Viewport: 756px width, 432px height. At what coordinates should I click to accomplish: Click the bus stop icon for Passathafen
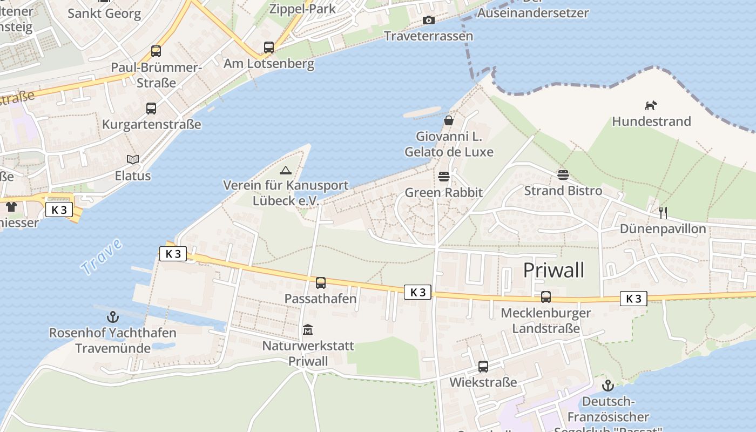(321, 283)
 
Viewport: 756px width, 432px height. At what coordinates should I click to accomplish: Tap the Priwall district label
(553, 270)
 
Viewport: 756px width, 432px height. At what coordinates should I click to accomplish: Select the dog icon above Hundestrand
(651, 105)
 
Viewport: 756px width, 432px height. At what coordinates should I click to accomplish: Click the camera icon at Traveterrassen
(429, 21)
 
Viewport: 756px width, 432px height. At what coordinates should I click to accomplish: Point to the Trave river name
(102, 257)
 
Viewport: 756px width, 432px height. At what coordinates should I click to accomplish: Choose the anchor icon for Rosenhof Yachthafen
(113, 316)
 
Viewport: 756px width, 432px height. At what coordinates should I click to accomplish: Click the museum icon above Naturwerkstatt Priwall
(308, 329)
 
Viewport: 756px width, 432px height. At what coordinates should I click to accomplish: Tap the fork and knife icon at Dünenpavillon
(663, 213)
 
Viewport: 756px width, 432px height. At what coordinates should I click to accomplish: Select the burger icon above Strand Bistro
(563, 174)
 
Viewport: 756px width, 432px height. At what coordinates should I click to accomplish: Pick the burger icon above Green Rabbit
(444, 176)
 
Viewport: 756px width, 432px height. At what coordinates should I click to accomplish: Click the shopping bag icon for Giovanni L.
(449, 120)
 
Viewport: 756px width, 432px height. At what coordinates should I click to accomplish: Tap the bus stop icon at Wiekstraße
(483, 367)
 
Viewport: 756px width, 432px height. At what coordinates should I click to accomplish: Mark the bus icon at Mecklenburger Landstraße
(546, 297)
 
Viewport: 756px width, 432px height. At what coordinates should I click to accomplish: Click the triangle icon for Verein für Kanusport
(286, 170)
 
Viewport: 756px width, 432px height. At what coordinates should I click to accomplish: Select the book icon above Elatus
(133, 159)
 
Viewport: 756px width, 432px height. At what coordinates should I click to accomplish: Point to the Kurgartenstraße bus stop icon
(151, 109)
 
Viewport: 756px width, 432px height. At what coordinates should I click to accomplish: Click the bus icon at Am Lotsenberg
(269, 48)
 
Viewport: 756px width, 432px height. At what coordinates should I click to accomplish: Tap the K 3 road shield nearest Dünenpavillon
(633, 298)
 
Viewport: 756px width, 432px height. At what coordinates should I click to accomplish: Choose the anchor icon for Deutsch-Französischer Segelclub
(608, 386)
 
